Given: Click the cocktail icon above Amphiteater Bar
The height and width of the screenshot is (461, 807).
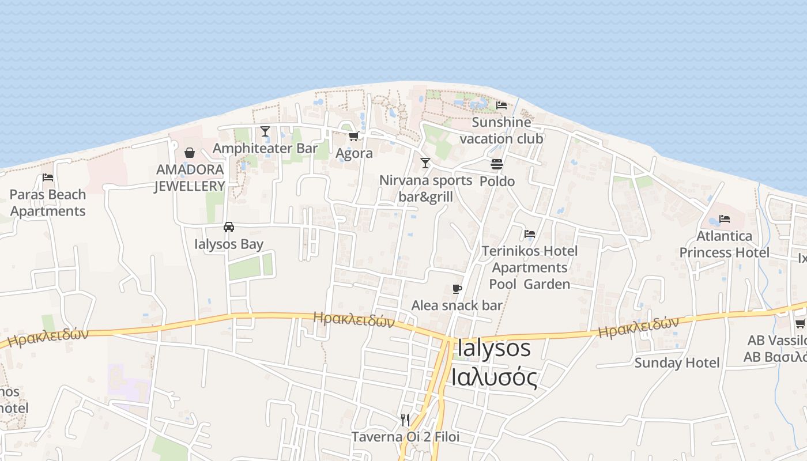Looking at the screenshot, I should coord(265,131).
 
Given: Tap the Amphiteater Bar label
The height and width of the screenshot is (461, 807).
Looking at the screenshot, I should coord(265,148).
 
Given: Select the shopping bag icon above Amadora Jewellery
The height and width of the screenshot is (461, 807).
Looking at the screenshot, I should coord(189,153).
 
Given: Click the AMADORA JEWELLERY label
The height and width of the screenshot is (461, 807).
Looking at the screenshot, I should coord(190,177).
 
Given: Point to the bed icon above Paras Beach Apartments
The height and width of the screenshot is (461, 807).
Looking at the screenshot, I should coord(48,177).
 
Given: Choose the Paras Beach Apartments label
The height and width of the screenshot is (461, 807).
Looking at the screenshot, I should coord(48,203).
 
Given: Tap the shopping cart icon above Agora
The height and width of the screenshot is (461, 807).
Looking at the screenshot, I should coord(353,137).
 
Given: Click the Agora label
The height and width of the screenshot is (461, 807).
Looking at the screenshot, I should coord(354,153).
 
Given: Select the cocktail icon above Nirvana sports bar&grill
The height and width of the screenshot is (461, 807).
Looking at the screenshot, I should coord(425,163).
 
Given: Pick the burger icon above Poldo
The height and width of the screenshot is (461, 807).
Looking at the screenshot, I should coord(497,164).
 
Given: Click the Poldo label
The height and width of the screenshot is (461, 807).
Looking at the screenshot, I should coord(497,181).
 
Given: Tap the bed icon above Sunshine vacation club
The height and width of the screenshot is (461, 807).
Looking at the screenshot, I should coord(501,105).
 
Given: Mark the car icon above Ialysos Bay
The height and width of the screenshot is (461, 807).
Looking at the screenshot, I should coord(229,227).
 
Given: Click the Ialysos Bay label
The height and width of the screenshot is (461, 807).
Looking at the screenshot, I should coord(229,244).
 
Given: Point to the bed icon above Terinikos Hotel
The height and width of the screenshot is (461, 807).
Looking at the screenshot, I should coord(530,234).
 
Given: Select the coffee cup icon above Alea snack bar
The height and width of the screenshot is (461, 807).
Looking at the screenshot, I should coord(457,289).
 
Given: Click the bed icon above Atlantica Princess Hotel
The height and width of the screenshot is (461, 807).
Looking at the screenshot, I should coord(725,219).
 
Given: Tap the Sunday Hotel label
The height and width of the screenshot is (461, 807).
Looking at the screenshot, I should coord(677,362).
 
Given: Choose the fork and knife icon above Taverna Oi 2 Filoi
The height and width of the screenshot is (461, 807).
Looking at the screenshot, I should coord(405,419).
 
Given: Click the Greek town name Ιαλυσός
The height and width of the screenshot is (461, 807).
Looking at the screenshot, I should coord(494,378).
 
